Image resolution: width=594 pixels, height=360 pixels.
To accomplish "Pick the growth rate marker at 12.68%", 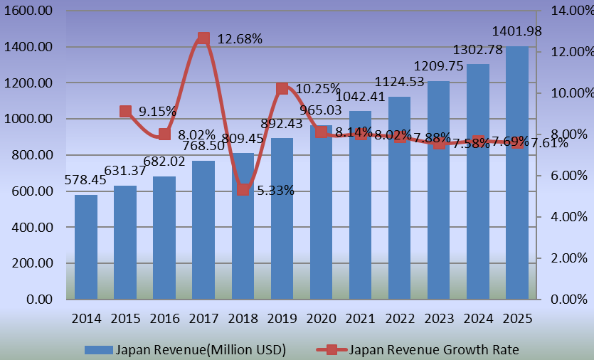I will [203, 38].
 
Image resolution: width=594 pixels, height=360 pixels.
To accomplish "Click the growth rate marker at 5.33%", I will [243, 190].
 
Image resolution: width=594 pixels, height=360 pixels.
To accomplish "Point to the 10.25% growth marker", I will [282, 88].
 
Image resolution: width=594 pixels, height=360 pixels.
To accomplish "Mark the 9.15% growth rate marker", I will [125, 111].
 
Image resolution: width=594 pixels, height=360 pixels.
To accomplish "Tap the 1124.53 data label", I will [401, 82].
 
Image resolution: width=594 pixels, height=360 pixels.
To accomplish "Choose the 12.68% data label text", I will [240, 39].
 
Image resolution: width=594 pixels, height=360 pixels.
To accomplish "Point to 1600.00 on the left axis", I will [29, 11].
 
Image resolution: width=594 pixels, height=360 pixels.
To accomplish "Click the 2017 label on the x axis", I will [203, 317].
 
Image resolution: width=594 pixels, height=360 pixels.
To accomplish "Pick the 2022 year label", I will [400, 317].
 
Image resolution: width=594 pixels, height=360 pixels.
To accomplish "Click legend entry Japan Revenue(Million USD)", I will [185, 349].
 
